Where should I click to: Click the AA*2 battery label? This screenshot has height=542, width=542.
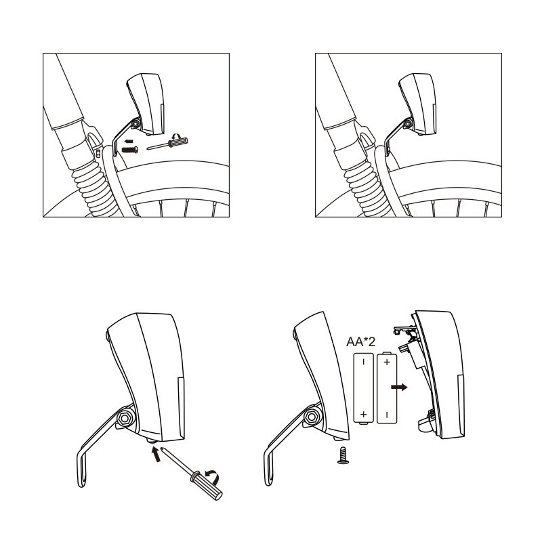point(360,342)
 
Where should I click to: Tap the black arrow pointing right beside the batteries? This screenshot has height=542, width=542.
point(399,387)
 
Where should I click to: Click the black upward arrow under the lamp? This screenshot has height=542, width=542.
point(157,454)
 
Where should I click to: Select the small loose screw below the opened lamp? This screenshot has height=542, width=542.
point(343,455)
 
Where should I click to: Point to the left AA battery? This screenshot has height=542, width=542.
point(364,388)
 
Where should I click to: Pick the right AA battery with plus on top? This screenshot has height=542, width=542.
point(387,388)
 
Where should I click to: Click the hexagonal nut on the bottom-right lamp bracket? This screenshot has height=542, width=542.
point(312,417)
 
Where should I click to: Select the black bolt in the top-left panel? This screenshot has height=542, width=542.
point(130,150)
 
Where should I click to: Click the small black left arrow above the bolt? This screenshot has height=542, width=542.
point(129,141)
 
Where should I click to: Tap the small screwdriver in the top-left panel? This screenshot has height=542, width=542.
point(167,143)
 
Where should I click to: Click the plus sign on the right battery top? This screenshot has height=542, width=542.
point(387,362)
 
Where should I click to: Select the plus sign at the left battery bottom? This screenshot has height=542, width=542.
point(363,414)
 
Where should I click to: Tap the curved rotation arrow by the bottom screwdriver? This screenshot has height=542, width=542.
point(212,476)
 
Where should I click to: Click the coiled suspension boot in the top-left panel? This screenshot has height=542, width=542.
point(95,191)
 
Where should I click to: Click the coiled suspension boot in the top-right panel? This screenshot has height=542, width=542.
point(367,191)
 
